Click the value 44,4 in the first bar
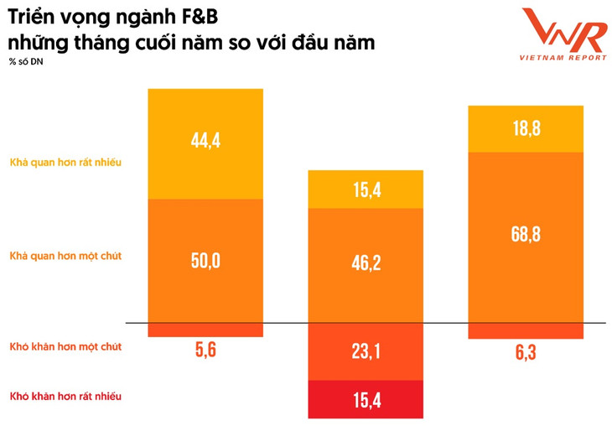(x=205, y=141)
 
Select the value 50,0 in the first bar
(x=205, y=261)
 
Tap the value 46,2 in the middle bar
(x=365, y=263)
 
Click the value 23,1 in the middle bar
(x=365, y=351)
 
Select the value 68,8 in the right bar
(x=525, y=234)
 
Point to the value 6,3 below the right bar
(x=525, y=353)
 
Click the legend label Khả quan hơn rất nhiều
(x=65, y=162)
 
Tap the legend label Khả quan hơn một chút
(x=65, y=255)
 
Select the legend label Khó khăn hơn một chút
(x=65, y=346)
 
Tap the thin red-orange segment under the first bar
(x=205, y=330)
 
